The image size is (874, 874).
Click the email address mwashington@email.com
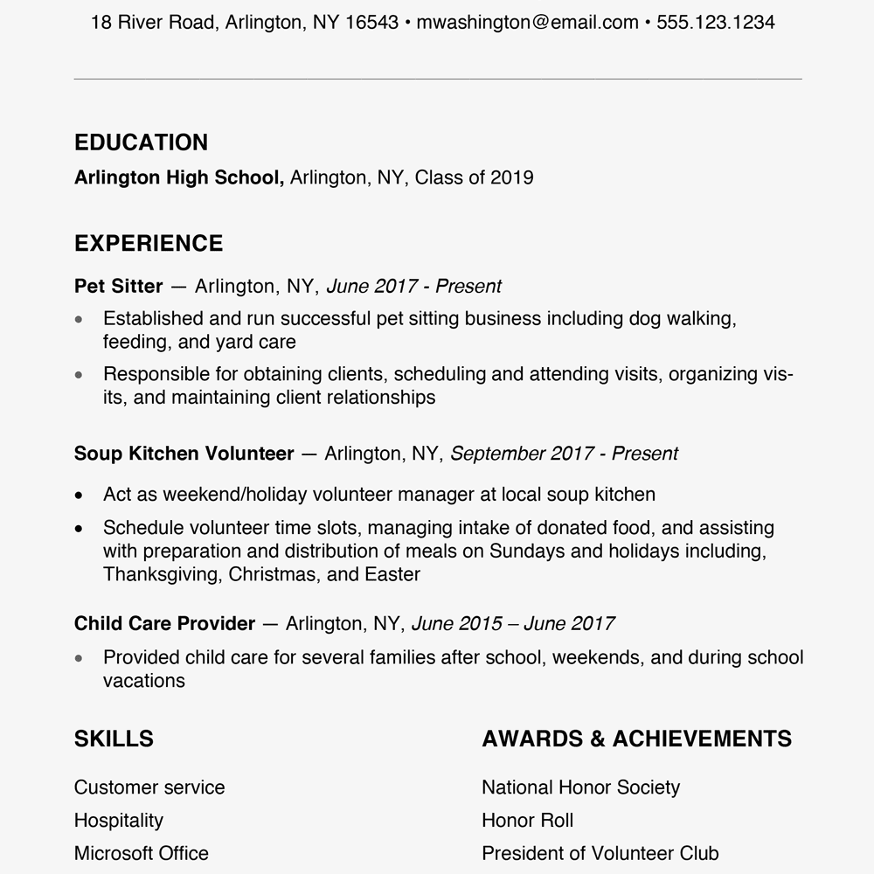point(527,23)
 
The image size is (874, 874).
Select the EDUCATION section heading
point(141,142)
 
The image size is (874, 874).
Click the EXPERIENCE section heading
point(149,243)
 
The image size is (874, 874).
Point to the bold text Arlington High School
point(178,177)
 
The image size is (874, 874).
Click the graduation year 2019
point(511,177)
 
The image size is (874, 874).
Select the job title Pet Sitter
point(118,286)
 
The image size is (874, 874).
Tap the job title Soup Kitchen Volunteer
point(184,454)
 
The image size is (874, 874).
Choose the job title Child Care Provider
point(164,623)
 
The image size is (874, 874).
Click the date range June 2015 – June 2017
point(512,623)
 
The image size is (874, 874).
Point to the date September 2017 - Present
point(564,454)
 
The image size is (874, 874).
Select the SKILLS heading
point(114,739)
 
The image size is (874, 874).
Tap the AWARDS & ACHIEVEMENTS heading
point(636,739)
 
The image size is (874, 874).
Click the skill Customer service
point(149,787)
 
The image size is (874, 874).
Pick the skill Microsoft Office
point(142,853)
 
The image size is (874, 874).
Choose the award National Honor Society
point(580,787)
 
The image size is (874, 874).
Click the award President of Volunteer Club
point(600,853)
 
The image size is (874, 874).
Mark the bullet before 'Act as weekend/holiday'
point(80,495)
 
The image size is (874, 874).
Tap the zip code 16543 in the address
point(371,23)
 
